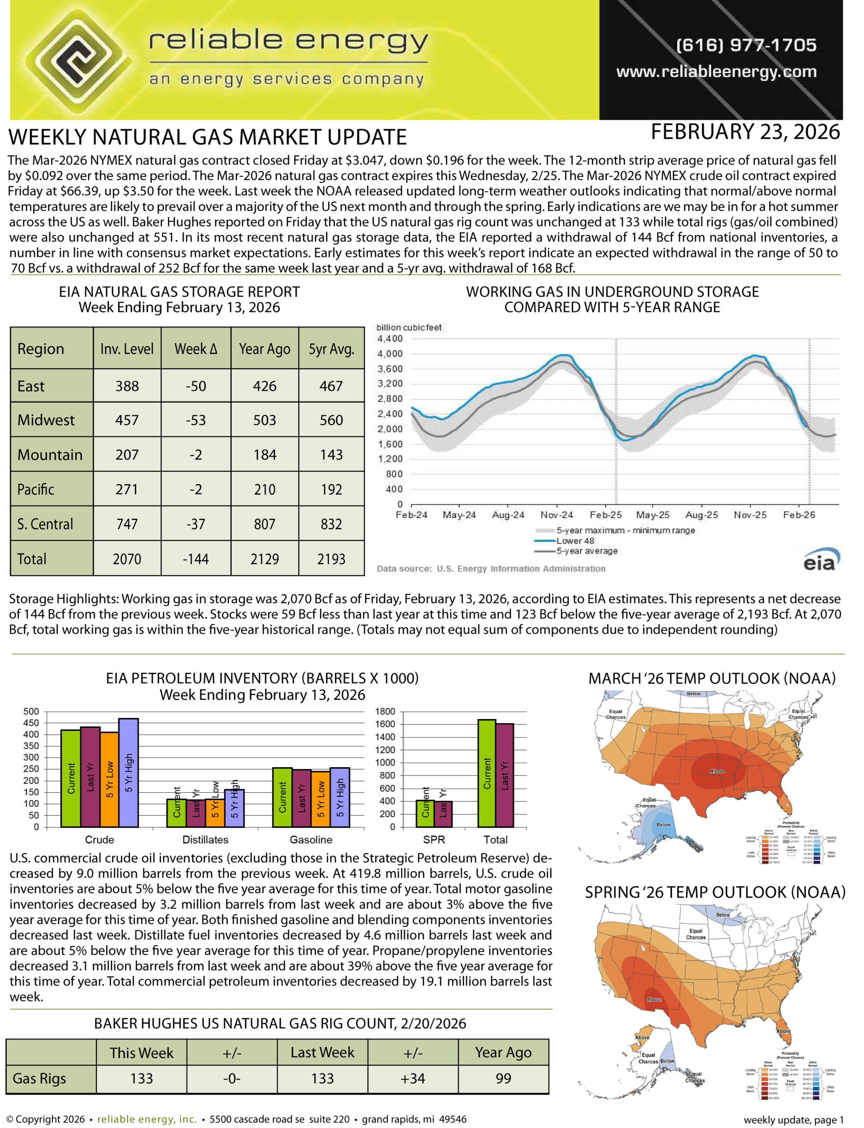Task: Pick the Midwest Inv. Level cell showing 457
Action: tap(126, 420)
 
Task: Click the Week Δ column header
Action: tap(196, 349)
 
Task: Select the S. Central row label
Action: tap(45, 524)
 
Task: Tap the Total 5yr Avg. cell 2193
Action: tap(331, 559)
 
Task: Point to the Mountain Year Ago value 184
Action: tap(264, 455)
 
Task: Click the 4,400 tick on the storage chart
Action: tap(390, 338)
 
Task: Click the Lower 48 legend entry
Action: tap(575, 541)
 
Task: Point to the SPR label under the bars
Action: tap(434, 839)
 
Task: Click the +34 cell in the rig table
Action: tap(412, 1078)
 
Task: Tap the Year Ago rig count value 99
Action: tap(503, 1078)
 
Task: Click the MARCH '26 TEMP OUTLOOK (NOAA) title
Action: tap(712, 679)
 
